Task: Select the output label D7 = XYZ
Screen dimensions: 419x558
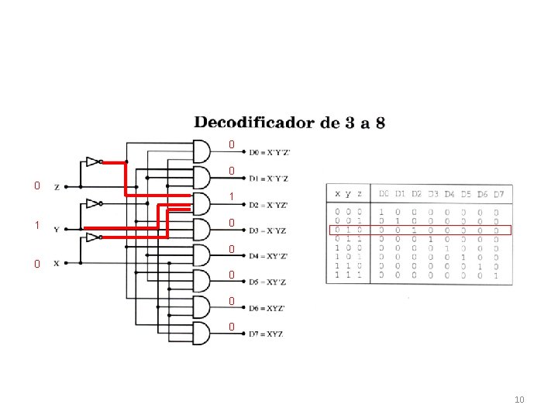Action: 266,334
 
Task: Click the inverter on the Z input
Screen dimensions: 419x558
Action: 93,162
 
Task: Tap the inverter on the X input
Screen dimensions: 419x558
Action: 93,237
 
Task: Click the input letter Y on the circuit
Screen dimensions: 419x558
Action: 56,229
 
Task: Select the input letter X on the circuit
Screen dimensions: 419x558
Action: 56,263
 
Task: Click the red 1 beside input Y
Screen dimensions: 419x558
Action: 36,226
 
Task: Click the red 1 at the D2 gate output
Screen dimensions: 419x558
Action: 231,197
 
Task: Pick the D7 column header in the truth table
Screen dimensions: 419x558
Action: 499,193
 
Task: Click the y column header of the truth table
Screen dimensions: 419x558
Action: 349,193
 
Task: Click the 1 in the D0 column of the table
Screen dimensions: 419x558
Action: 381,211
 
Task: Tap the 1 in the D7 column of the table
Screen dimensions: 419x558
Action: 497,275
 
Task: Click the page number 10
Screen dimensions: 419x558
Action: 519,400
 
